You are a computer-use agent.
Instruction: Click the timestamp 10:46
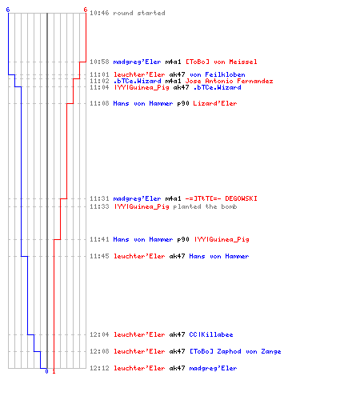pos(99,13)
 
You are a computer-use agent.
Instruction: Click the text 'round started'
pos(139,13)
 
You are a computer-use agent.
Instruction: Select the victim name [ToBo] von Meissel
pos(222,62)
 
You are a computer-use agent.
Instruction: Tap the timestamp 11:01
pos(99,74)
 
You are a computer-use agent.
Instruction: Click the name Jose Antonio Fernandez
pos(229,81)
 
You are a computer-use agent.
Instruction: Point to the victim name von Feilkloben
pos(218,74)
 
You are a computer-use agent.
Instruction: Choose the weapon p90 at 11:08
pos(183,103)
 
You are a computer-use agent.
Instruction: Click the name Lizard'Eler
pos(215,103)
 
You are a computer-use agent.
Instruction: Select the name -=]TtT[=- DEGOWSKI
pos(222,198)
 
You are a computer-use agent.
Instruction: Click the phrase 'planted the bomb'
pos(205,206)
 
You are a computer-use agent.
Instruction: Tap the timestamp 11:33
pos(99,206)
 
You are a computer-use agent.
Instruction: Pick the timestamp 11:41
pos(99,239)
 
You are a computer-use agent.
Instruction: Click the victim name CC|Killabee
pos(211,334)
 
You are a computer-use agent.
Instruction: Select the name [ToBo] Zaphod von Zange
pos(235,351)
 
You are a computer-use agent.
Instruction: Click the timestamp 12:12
pos(99,368)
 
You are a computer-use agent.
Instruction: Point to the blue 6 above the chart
pos(8,10)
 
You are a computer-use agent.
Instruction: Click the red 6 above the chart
pos(86,10)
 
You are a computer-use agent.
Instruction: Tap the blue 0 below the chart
pos(46,371)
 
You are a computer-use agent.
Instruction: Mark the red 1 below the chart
pos(54,371)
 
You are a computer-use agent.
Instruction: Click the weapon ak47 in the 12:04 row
pos(177,334)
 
